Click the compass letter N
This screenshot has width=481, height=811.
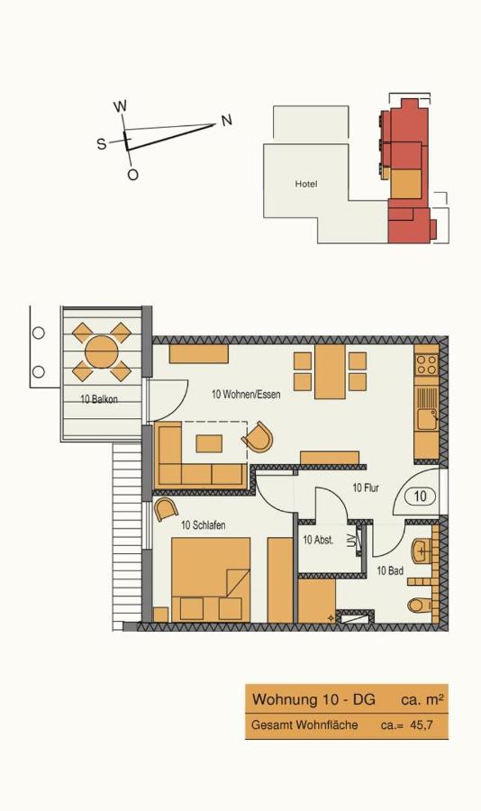tap(226, 121)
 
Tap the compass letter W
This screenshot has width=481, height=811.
tap(120, 106)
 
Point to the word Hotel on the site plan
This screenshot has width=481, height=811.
tap(306, 185)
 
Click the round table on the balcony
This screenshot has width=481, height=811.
tap(101, 351)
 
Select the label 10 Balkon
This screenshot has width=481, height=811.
tap(99, 399)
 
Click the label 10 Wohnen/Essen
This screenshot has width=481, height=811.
tap(241, 395)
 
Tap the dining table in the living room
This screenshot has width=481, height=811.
tap(330, 373)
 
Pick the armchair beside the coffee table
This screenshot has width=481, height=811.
tap(258, 439)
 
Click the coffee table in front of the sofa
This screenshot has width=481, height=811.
tap(210, 443)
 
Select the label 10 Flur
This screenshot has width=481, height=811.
tap(365, 488)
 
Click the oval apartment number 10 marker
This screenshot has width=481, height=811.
tap(420, 496)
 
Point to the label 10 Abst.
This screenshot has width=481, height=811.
tap(319, 541)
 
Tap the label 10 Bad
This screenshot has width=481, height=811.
tap(389, 570)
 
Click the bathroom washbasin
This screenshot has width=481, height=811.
tap(422, 549)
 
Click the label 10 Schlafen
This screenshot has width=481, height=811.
tap(203, 525)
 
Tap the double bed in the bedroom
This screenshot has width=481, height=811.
tap(210, 579)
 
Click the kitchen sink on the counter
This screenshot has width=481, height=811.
tap(426, 418)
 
